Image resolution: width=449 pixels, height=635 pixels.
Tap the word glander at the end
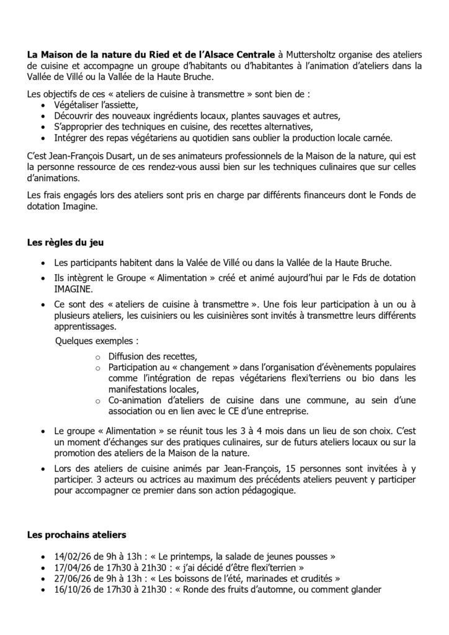pyautogui.click(x=363, y=589)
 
